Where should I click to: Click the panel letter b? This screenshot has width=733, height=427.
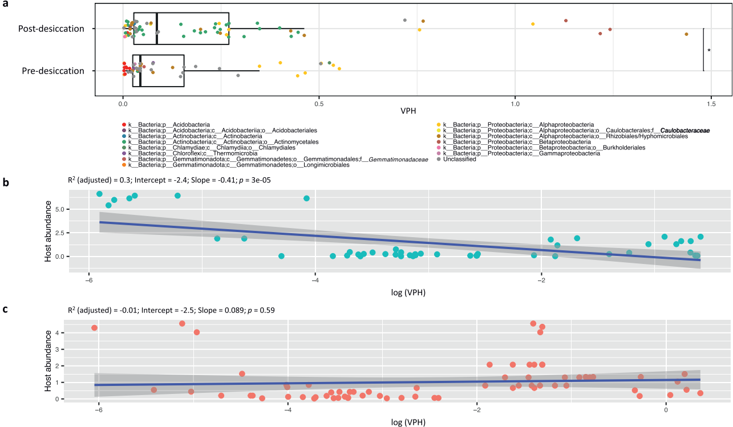5,182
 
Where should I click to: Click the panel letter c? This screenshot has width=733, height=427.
5,310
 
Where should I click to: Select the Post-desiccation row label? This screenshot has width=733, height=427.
51,29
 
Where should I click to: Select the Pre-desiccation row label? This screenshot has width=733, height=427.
53,71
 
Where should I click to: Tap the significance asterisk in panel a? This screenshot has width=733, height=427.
709,51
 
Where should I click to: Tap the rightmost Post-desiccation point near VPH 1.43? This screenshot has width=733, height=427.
686,34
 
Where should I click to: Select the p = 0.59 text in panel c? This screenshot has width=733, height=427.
262,310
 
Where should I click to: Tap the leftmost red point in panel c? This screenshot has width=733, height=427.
95,328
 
